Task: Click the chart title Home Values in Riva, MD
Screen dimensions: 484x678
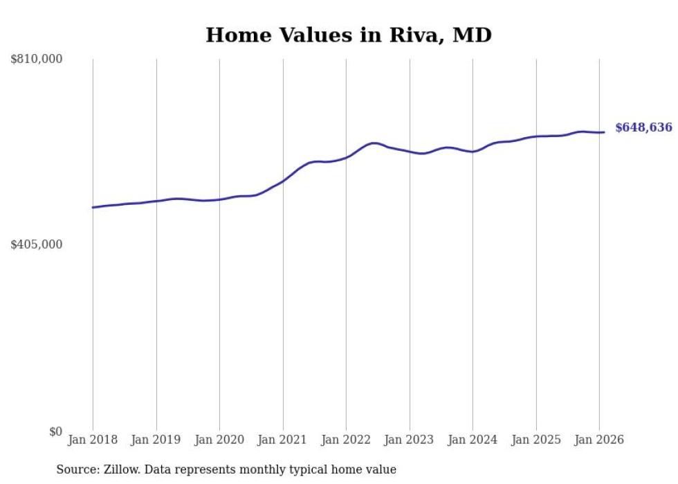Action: (349, 35)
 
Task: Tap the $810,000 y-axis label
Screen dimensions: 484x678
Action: (36, 60)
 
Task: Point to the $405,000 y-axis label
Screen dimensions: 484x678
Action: (36, 244)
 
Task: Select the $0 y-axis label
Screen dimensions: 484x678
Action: (55, 431)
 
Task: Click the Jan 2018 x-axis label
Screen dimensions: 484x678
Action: (93, 440)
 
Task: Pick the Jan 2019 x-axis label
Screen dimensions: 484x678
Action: (156, 440)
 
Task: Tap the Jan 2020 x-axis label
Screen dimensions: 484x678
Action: (219, 440)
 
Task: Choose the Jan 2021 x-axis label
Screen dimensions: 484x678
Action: (283, 440)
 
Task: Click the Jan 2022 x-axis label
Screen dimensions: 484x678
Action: (346, 440)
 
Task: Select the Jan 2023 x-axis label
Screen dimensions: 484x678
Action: (410, 440)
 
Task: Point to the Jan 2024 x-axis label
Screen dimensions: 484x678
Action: (473, 440)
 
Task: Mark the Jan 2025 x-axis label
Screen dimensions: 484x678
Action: (536, 440)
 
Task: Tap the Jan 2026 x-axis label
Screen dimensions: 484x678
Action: (599, 440)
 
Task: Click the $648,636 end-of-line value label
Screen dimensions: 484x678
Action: (643, 127)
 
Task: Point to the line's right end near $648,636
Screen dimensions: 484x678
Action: (604, 132)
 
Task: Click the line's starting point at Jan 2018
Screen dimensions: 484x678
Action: (93, 207)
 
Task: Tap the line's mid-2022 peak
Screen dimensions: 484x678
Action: (374, 143)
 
